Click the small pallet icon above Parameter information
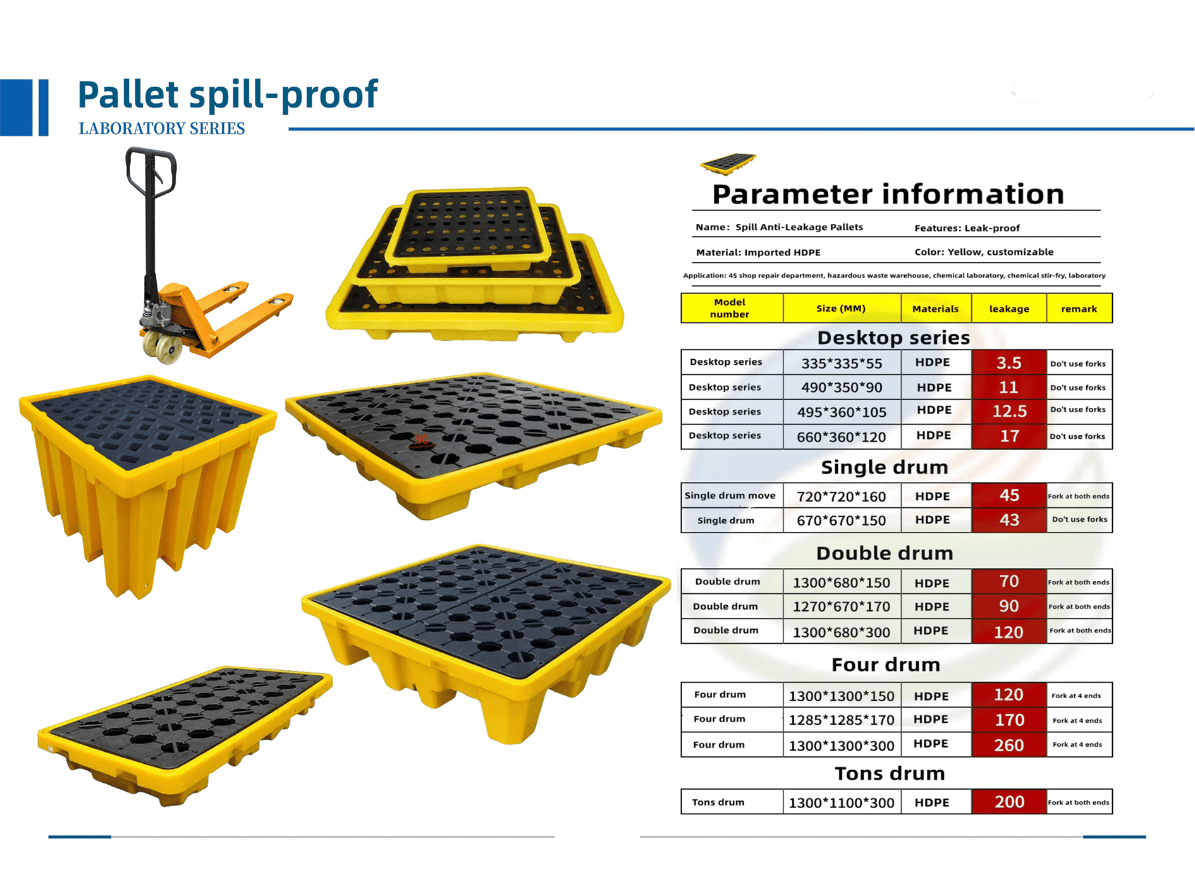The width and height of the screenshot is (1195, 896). click(x=728, y=163)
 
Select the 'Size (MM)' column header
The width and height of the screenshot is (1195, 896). click(x=842, y=309)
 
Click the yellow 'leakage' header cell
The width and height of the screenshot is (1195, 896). click(x=1009, y=309)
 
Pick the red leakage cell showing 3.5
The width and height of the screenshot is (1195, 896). click(x=1009, y=362)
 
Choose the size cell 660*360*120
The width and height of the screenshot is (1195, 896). click(x=842, y=437)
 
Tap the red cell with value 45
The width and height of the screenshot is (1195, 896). click(x=1009, y=495)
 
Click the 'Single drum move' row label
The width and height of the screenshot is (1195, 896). click(x=730, y=496)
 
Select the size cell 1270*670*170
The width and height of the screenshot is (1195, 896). click(x=842, y=606)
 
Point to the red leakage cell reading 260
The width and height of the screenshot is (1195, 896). click(x=1009, y=745)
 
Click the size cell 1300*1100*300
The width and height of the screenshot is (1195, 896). click(x=842, y=802)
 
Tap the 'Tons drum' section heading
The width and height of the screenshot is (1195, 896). click(x=890, y=773)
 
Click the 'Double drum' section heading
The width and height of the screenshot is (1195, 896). click(x=885, y=553)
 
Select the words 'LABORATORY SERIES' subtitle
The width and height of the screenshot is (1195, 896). click(x=162, y=128)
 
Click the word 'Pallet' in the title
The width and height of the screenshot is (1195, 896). click(x=128, y=95)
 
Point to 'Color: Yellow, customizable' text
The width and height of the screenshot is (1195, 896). click(x=984, y=252)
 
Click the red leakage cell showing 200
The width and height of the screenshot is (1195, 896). click(x=1009, y=802)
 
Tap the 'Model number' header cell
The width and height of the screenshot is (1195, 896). click(x=730, y=308)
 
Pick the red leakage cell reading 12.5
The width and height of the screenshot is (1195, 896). click(x=1009, y=412)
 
